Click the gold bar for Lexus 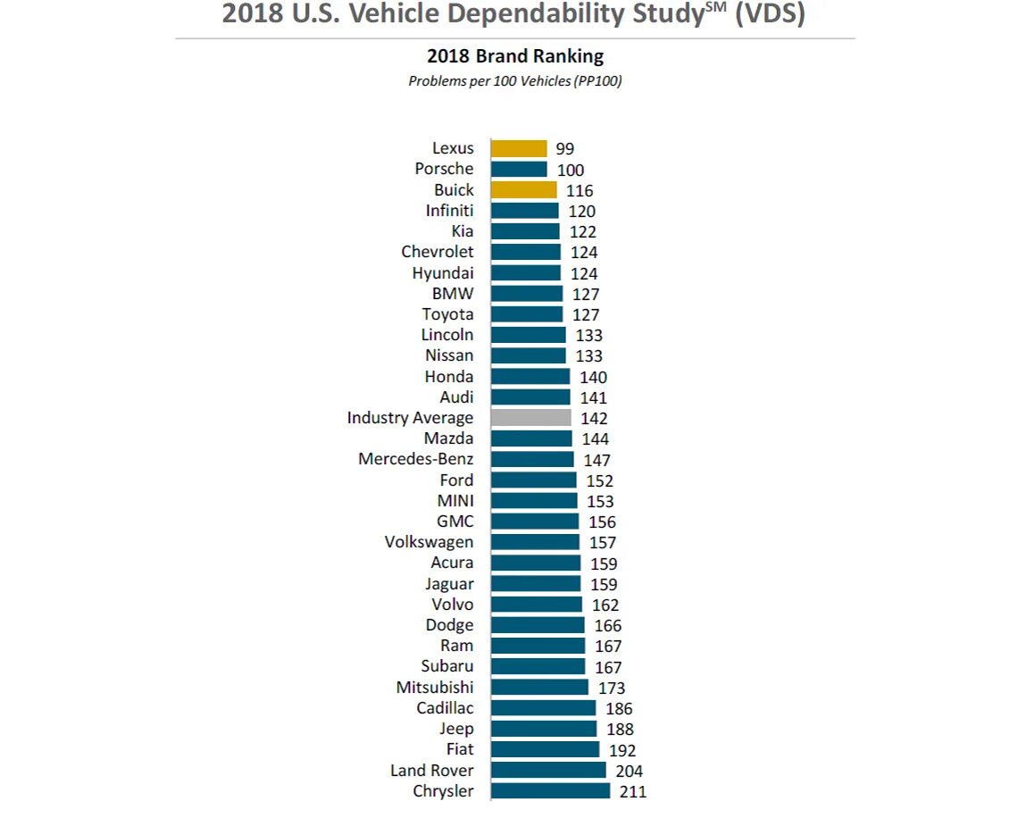(x=519, y=148)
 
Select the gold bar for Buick (x=523, y=190)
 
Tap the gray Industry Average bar (x=530, y=418)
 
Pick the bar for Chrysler (x=550, y=791)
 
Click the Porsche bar (x=519, y=169)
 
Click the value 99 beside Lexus (x=564, y=149)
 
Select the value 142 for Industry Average (x=594, y=418)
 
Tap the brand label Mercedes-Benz (x=416, y=459)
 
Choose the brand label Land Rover (x=432, y=771)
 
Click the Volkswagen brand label (x=430, y=542)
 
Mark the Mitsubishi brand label (x=435, y=688)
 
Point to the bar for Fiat (x=545, y=749)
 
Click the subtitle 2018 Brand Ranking (x=515, y=56)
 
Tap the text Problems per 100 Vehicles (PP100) (x=515, y=81)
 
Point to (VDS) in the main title (x=770, y=15)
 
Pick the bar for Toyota (x=527, y=314)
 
